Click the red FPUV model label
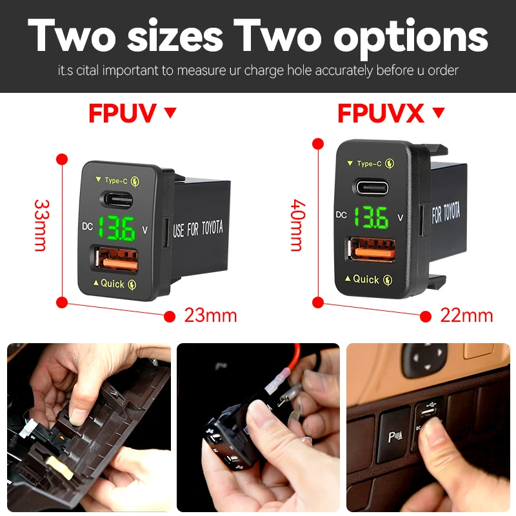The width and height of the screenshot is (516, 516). pos(123,114)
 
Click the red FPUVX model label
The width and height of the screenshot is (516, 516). pos(381,114)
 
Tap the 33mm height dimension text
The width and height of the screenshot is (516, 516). pos(42,225)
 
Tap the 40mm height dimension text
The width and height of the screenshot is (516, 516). pos(298,225)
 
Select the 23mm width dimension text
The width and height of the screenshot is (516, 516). pos(211,315)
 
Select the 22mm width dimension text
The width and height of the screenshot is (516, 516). pos(466,315)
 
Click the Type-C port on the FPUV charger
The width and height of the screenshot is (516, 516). pos(117,200)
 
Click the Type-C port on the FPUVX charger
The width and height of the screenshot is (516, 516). pos(370,188)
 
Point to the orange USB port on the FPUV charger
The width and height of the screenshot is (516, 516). pos(117,259)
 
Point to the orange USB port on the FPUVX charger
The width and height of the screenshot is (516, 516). pos(370,249)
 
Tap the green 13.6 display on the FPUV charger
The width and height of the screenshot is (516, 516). pos(117,228)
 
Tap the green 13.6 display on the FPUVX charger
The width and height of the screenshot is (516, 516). pos(371,217)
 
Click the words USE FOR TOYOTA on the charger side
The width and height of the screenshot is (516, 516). pos(198,228)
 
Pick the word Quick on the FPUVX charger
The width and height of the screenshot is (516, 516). pos(366,279)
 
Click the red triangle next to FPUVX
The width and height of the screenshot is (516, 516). pos(439,112)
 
